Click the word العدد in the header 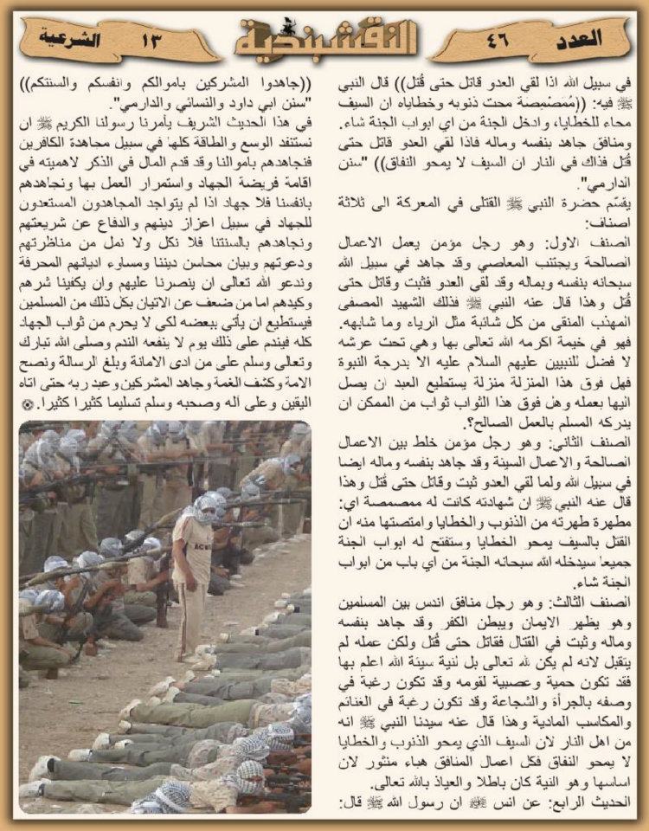tap(597, 38)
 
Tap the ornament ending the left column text tap(29, 404)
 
